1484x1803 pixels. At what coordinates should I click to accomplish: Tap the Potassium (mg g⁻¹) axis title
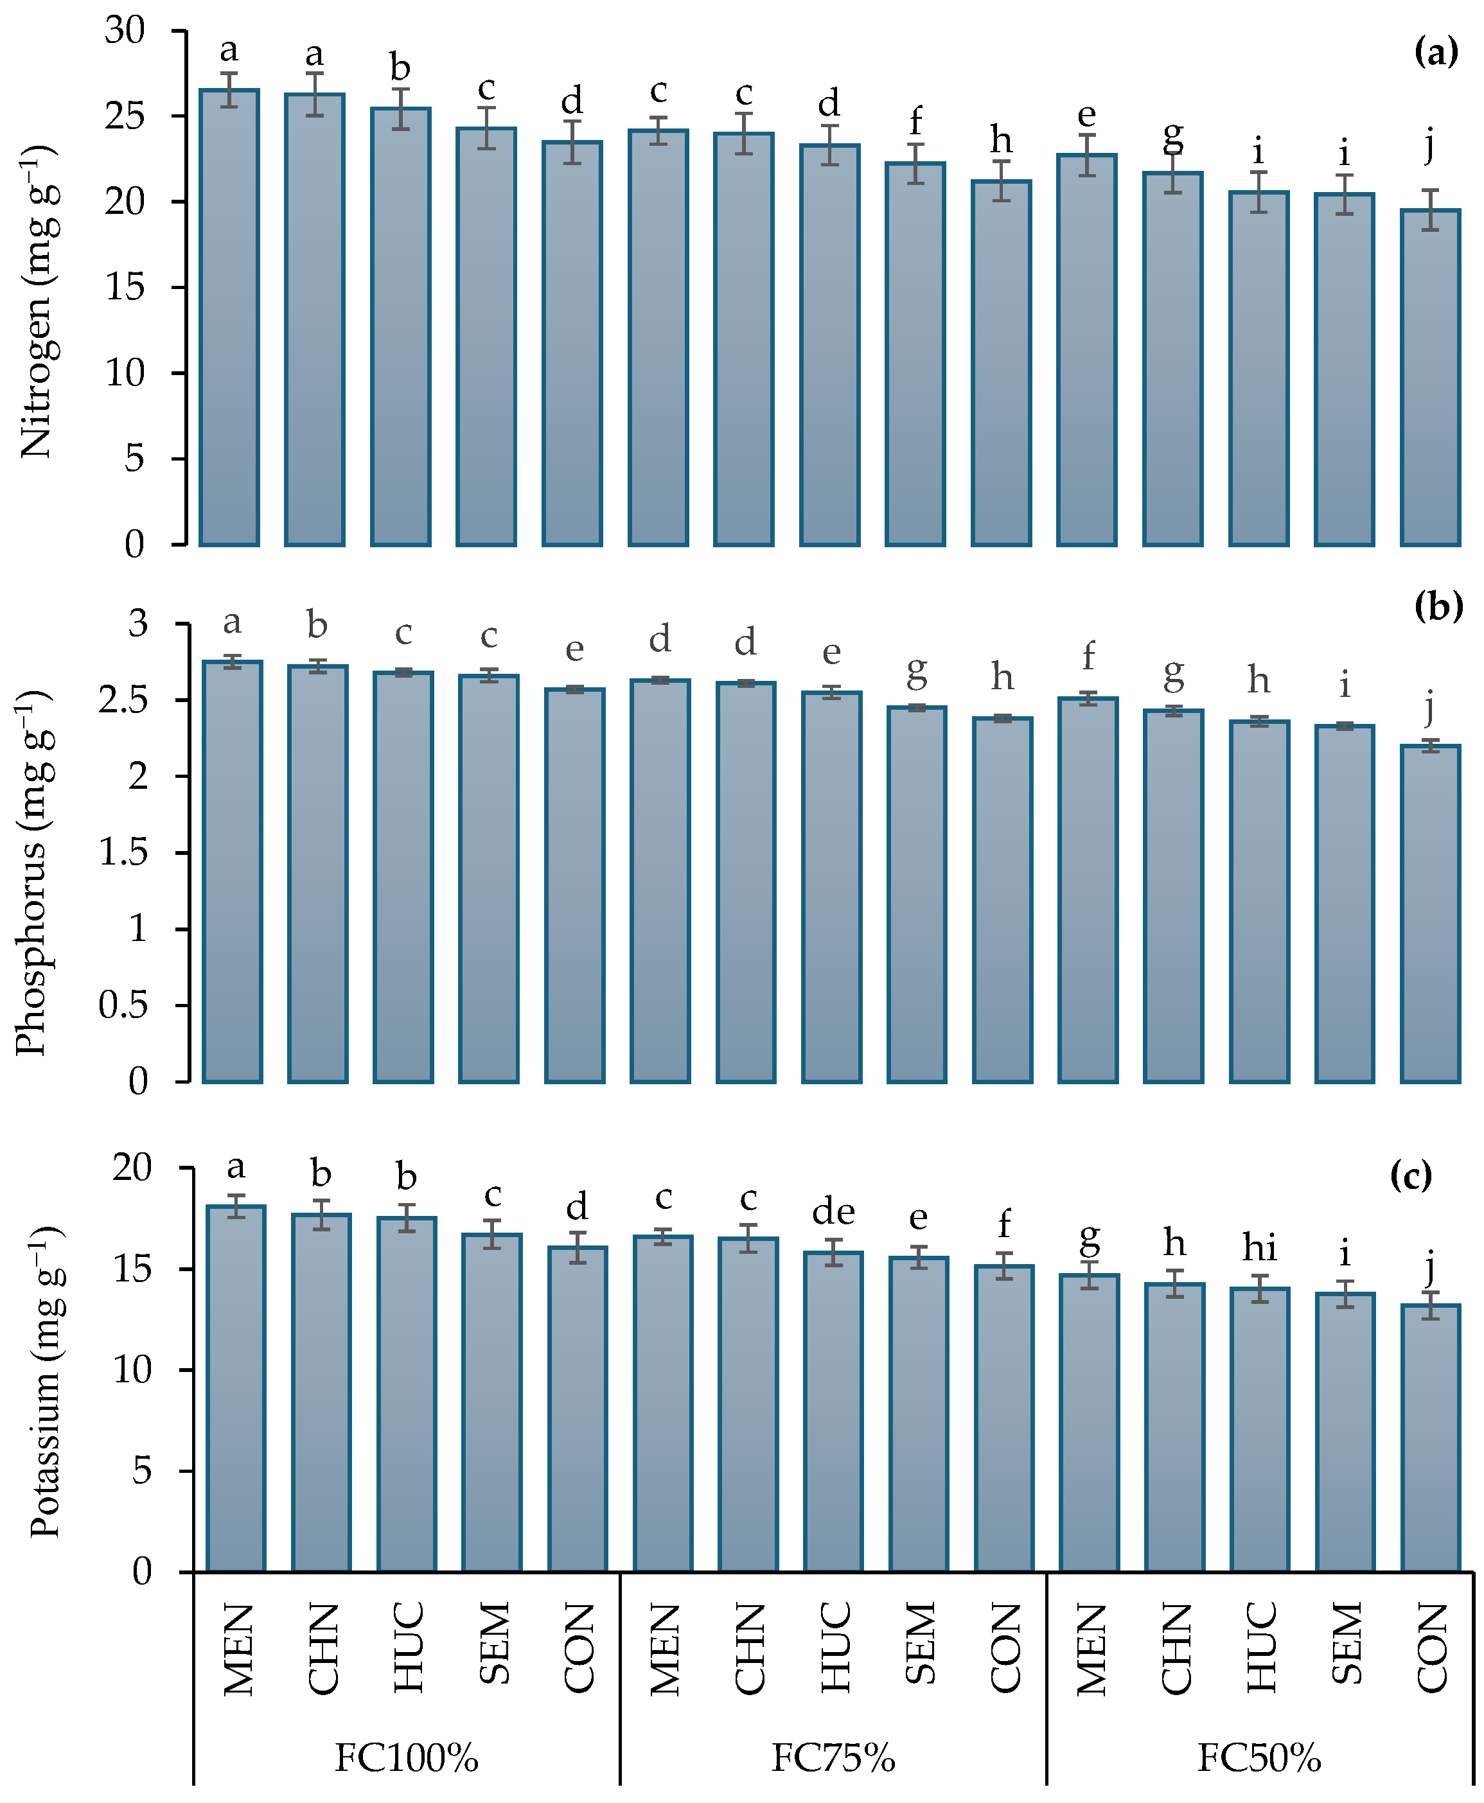point(47,1382)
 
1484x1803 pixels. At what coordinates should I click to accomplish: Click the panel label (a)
point(1436,53)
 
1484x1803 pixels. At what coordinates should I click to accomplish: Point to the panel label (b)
point(1438,607)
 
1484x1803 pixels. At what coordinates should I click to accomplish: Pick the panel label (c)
point(1411,1177)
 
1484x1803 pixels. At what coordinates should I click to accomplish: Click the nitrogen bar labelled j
point(1430,376)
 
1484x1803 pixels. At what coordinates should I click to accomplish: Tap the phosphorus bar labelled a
point(233,872)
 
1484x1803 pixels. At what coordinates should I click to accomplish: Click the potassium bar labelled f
point(1005,1418)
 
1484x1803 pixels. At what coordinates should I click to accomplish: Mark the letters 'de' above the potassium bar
point(833,1211)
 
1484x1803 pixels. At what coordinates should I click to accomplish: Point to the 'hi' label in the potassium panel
point(1260,1249)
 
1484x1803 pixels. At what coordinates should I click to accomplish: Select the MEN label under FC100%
point(238,1649)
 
